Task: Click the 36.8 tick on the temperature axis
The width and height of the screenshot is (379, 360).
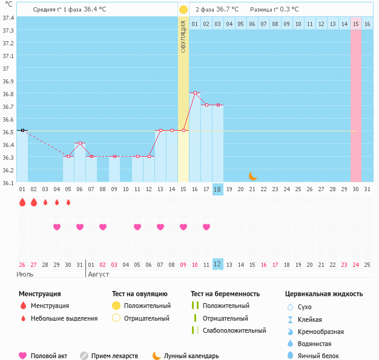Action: (8, 94)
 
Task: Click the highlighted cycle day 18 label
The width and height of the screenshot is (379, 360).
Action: (218, 189)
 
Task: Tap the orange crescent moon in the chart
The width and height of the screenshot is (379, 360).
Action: (253, 176)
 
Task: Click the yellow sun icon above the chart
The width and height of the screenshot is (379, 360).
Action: (183, 10)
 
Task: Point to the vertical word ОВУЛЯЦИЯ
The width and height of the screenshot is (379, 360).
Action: (183, 37)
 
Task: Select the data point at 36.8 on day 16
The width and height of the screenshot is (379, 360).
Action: (195, 93)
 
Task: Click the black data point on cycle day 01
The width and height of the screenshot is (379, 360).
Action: (22, 130)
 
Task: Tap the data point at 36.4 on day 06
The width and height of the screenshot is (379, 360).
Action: (80, 143)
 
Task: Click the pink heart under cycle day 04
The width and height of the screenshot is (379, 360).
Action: (57, 227)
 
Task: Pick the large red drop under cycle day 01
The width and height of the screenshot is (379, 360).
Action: (22, 203)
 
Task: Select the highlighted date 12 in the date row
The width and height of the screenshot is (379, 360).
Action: (218, 264)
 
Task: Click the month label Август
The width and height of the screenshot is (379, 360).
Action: (99, 274)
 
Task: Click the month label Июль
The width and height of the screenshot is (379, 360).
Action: (25, 274)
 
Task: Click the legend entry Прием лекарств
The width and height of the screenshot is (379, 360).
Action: (114, 356)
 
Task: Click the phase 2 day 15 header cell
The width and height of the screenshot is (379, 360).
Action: (356, 24)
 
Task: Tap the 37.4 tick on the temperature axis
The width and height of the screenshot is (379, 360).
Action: (8, 18)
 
